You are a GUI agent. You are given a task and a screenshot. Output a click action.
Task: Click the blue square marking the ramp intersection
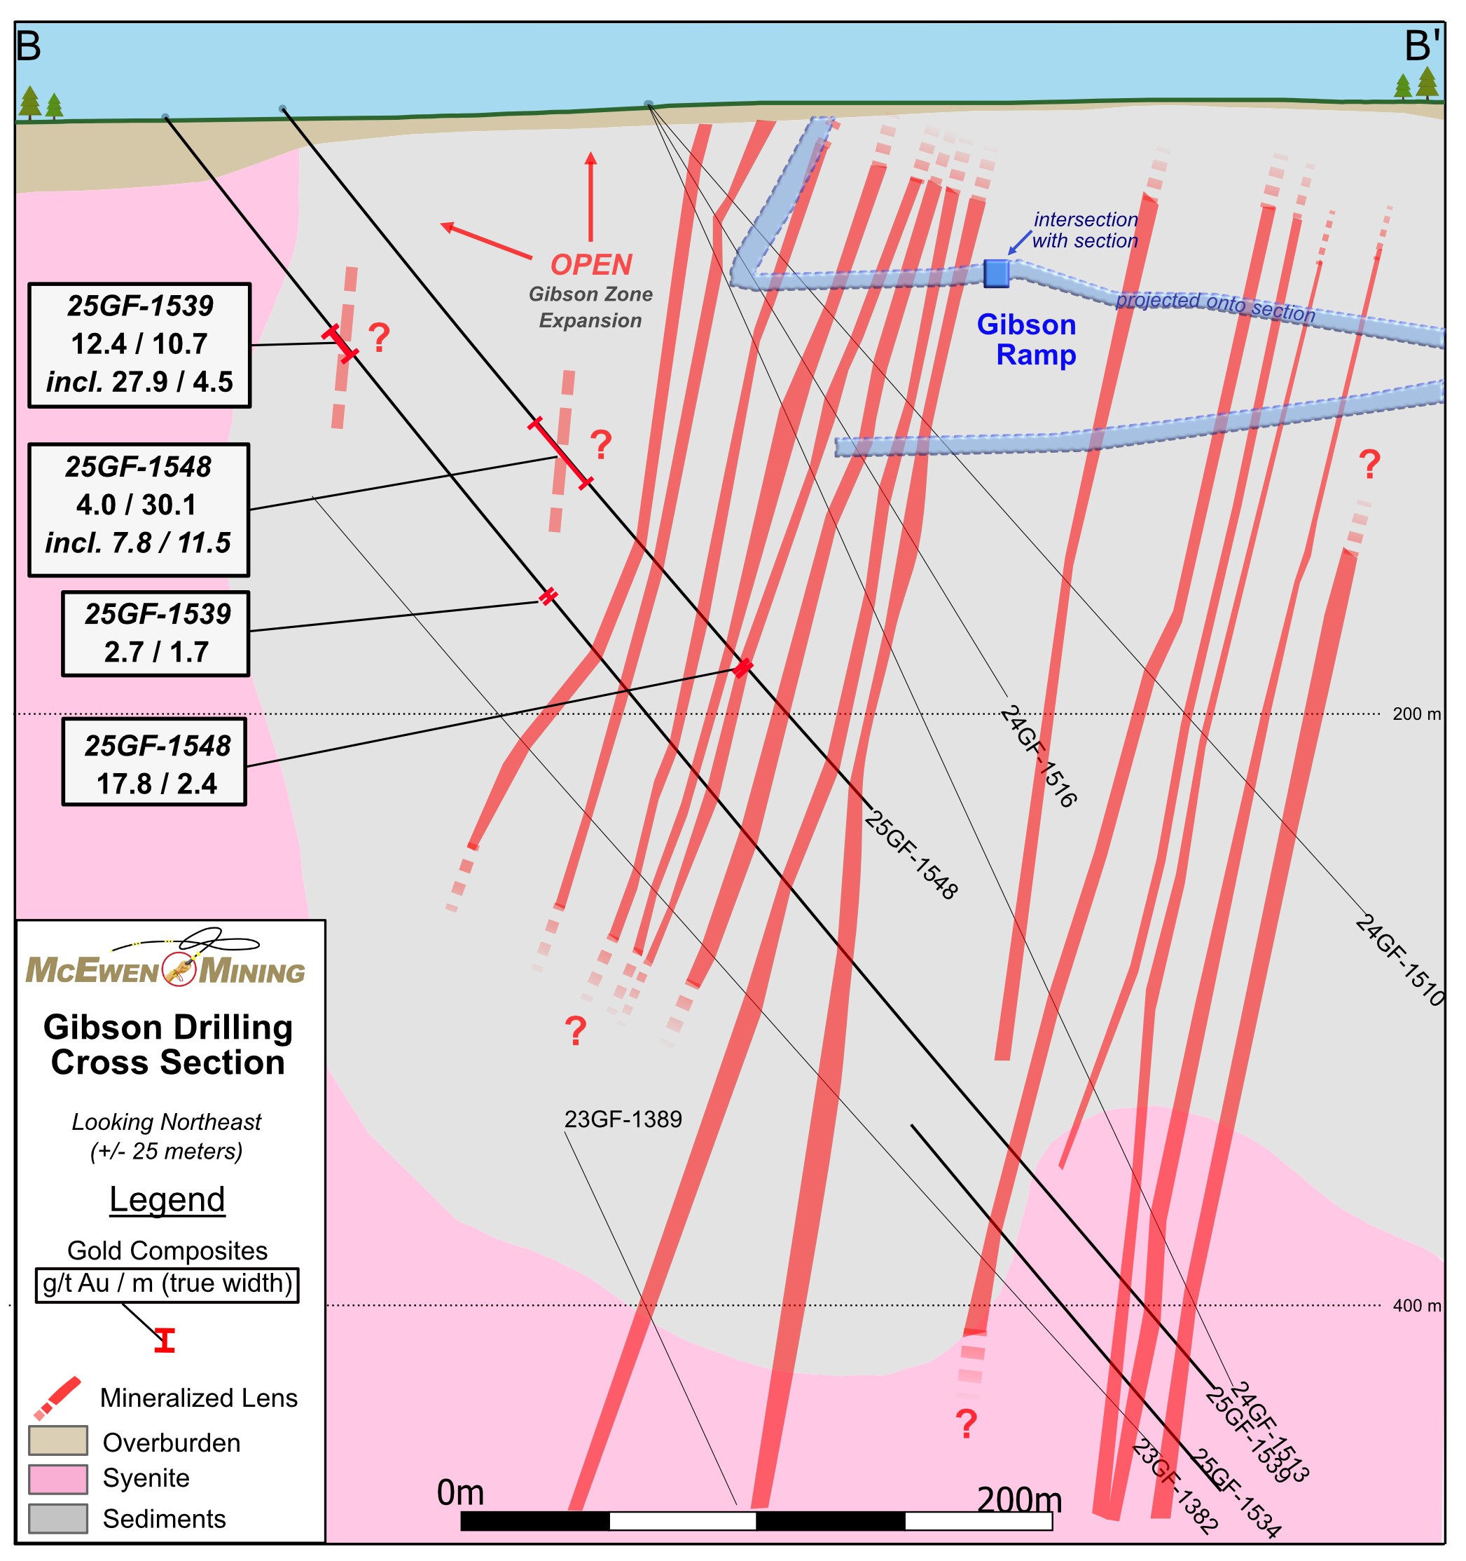click(996, 273)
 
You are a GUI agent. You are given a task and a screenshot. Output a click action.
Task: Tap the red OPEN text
click(591, 265)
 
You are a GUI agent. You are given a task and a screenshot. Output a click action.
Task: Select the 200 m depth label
click(1416, 714)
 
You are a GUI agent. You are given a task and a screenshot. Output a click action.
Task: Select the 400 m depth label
click(1416, 1306)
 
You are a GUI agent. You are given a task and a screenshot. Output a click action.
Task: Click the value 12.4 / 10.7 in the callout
click(139, 344)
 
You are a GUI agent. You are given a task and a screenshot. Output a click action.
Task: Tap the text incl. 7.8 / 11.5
click(138, 543)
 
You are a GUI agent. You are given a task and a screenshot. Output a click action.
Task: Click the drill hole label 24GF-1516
click(1038, 756)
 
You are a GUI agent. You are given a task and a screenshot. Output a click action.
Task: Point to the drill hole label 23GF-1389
click(623, 1119)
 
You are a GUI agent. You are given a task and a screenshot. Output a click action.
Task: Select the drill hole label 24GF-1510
click(1400, 960)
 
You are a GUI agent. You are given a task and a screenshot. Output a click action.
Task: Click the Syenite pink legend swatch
click(57, 1478)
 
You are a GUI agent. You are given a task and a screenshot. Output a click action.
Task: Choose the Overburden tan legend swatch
click(57, 1441)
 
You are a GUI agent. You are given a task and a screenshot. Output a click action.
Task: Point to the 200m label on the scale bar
click(1018, 1501)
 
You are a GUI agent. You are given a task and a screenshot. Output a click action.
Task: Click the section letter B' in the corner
click(1422, 46)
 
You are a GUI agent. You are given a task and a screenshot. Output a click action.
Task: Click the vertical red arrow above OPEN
click(590, 196)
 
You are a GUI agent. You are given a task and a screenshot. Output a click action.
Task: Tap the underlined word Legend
click(167, 1199)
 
